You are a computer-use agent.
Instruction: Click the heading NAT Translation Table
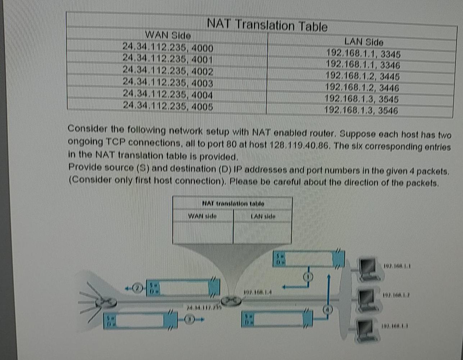pos(267,26)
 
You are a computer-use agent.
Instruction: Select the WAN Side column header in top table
pos(168,35)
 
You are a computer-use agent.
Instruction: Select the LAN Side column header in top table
pos(363,42)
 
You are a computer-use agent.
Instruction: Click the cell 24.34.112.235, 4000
pos(168,47)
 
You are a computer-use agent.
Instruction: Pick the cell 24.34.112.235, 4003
pos(168,83)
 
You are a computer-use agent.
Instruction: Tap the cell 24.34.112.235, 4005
pos(168,106)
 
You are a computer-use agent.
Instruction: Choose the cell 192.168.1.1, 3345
pos(363,54)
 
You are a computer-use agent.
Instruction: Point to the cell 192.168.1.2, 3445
pos(362,76)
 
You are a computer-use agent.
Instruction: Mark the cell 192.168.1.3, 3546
pos(361,110)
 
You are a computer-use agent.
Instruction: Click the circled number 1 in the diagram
pos(309,277)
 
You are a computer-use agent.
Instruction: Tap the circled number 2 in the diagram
pos(137,288)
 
